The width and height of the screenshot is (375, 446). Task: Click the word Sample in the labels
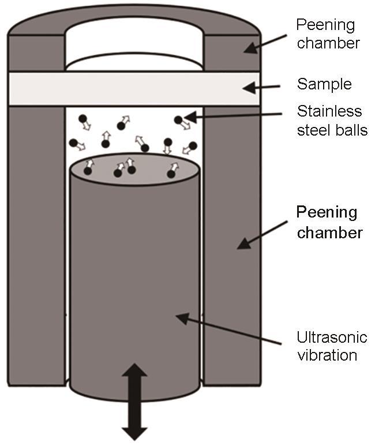pyautogui.click(x=324, y=84)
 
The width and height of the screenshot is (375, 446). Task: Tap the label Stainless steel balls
pyautogui.click(x=332, y=120)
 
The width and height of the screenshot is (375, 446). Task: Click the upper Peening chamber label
pyautogui.click(x=325, y=34)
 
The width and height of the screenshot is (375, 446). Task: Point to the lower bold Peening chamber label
pyautogui.click(x=329, y=222)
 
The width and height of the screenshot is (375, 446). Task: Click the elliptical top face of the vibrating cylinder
pyautogui.click(x=134, y=167)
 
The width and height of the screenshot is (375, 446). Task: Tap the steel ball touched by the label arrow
pyautogui.click(x=179, y=119)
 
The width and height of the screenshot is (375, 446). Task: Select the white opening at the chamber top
pyautogui.click(x=134, y=46)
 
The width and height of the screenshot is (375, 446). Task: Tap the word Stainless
pyautogui.click(x=329, y=111)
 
